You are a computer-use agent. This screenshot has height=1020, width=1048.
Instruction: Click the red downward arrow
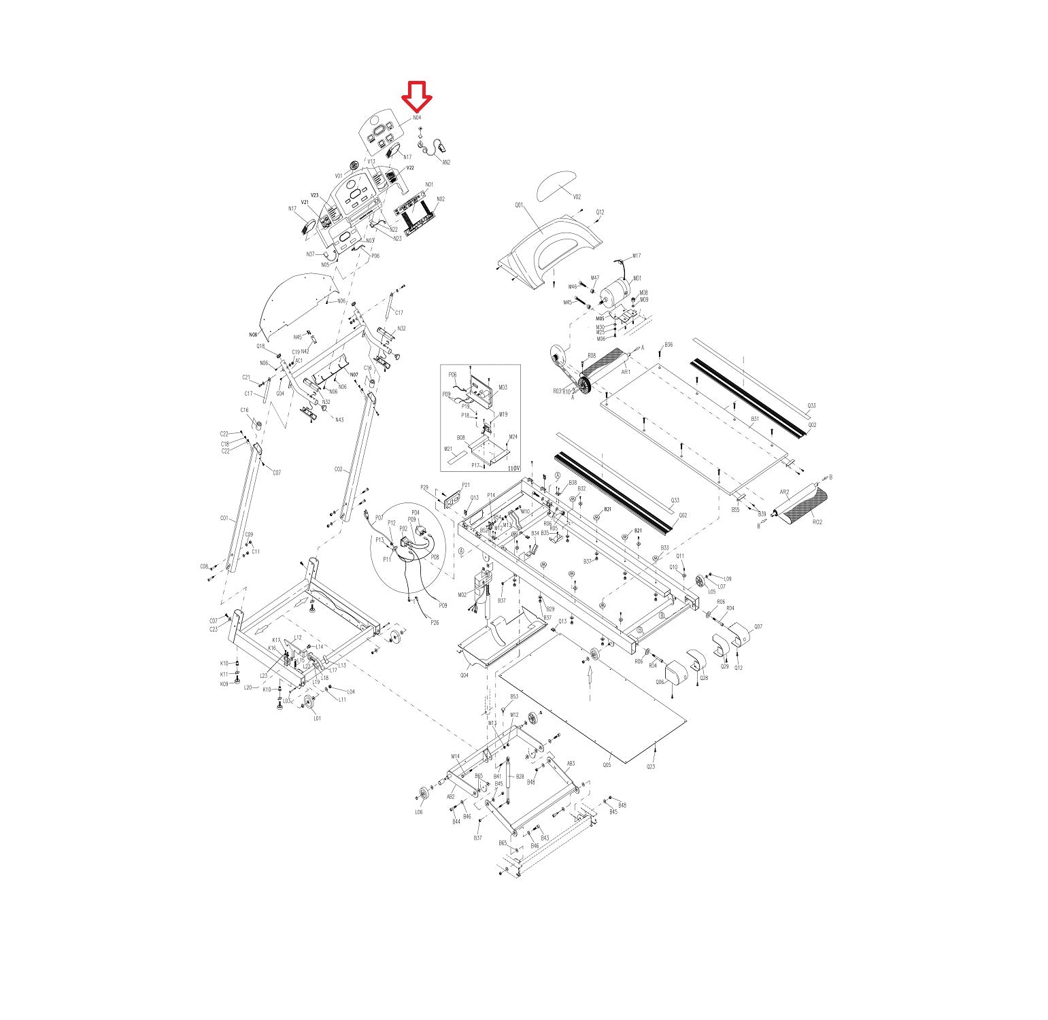(416, 97)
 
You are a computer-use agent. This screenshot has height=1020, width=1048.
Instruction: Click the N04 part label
(417, 118)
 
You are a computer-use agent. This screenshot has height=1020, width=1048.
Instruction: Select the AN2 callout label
(446, 163)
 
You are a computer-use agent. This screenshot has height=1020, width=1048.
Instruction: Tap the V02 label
(577, 197)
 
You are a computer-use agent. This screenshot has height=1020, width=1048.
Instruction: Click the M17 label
(636, 256)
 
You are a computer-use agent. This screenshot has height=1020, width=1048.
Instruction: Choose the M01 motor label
(637, 278)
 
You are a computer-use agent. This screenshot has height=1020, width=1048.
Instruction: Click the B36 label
(669, 345)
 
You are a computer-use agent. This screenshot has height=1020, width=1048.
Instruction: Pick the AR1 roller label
(626, 372)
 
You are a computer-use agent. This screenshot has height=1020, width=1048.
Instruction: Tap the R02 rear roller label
(817, 522)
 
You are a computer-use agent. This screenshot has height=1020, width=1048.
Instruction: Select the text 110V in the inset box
(513, 469)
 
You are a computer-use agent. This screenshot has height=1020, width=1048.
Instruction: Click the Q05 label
(607, 764)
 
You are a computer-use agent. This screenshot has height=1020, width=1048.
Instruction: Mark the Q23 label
(651, 767)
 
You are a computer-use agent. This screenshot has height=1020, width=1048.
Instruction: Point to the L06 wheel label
(419, 812)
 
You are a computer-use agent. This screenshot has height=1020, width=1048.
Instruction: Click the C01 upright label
(224, 518)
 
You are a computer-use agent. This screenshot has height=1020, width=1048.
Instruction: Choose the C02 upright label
(338, 470)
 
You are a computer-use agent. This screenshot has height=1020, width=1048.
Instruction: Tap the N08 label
(253, 335)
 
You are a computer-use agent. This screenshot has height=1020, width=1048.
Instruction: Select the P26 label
(435, 622)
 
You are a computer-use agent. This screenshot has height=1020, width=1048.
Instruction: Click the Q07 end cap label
(758, 627)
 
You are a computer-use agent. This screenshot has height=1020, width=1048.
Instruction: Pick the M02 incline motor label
(462, 595)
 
